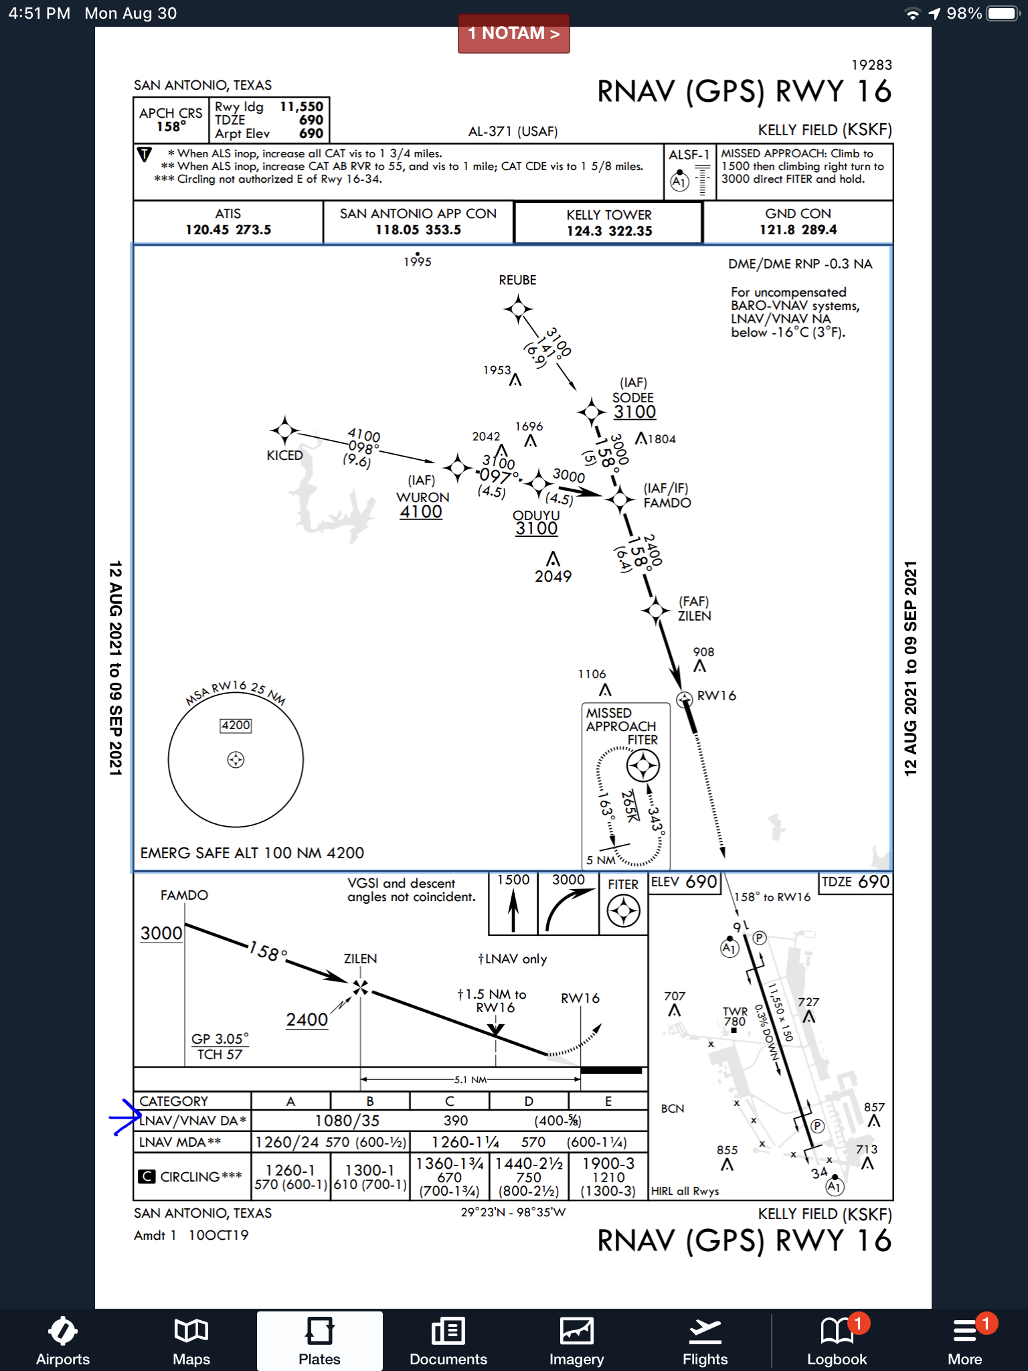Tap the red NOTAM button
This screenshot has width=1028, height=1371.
coord(513,33)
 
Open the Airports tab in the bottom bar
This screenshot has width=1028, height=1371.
coord(63,1341)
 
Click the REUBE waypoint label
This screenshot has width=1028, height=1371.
coord(517,280)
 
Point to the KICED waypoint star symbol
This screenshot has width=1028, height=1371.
coord(284,430)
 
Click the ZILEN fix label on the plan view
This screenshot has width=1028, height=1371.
coord(694,616)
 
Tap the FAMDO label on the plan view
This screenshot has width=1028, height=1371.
coord(667,503)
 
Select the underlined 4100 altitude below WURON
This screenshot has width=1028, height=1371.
coord(421,512)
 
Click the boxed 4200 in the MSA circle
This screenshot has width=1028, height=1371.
coord(236,725)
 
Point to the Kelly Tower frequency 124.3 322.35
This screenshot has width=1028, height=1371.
coord(609,231)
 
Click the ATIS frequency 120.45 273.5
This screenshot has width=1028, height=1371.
coord(228,230)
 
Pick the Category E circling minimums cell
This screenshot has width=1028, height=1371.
coord(608,1177)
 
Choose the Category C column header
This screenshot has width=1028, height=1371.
coord(449,1101)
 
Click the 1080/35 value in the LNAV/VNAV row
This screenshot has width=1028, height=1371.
coord(347,1121)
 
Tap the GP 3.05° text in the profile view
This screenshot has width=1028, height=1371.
coord(220,1039)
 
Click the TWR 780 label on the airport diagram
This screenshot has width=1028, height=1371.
coord(735,1016)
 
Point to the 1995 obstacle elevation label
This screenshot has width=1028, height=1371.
coord(418,262)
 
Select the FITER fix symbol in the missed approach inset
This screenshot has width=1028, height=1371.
coord(642,765)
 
